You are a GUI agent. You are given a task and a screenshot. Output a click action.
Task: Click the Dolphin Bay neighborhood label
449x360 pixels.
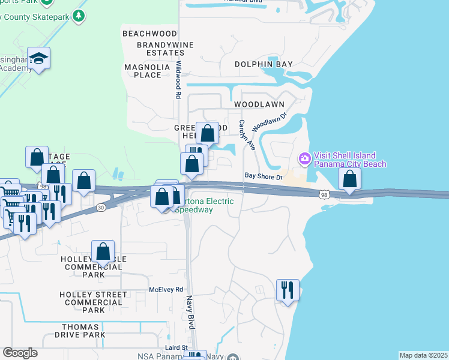click(x=264, y=64)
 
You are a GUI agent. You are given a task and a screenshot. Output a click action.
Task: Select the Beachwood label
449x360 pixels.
click(x=150, y=34)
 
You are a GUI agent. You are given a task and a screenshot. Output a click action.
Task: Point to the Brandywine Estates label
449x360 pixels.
click(x=152, y=49)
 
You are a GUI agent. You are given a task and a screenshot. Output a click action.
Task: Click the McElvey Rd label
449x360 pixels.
click(x=166, y=289)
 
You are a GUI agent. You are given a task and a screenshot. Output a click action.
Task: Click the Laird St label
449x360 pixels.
click(x=177, y=347)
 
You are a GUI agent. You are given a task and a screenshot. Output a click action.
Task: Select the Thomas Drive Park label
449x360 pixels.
click(x=83, y=331)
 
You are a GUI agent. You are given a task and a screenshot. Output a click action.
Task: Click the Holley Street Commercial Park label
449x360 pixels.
click(x=93, y=302)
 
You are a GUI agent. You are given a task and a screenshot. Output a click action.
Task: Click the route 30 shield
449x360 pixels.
click(x=101, y=208)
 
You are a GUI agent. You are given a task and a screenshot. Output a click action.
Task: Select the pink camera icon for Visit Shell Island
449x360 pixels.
click(x=304, y=158)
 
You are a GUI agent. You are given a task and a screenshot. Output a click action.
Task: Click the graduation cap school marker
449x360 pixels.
click(x=38, y=58)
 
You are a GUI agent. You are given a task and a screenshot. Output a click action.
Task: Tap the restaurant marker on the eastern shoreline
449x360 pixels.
click(x=287, y=290)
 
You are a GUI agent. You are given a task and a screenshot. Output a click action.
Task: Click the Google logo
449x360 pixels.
click(x=20, y=353)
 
